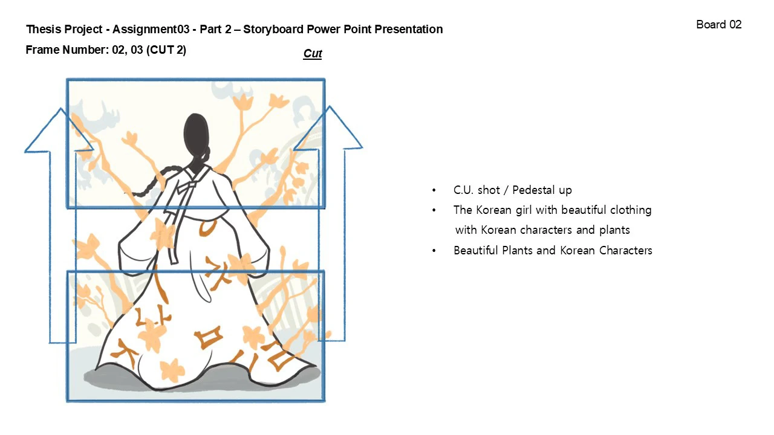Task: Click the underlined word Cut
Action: tap(313, 54)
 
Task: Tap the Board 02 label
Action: tap(719, 25)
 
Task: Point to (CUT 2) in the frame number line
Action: tap(166, 50)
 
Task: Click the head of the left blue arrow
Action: tap(59, 130)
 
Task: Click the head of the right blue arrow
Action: tap(328, 129)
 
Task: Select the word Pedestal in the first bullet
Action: tap(532, 190)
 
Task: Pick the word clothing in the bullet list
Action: tap(631, 210)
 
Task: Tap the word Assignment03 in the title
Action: tap(151, 29)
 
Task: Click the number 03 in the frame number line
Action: tap(137, 50)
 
